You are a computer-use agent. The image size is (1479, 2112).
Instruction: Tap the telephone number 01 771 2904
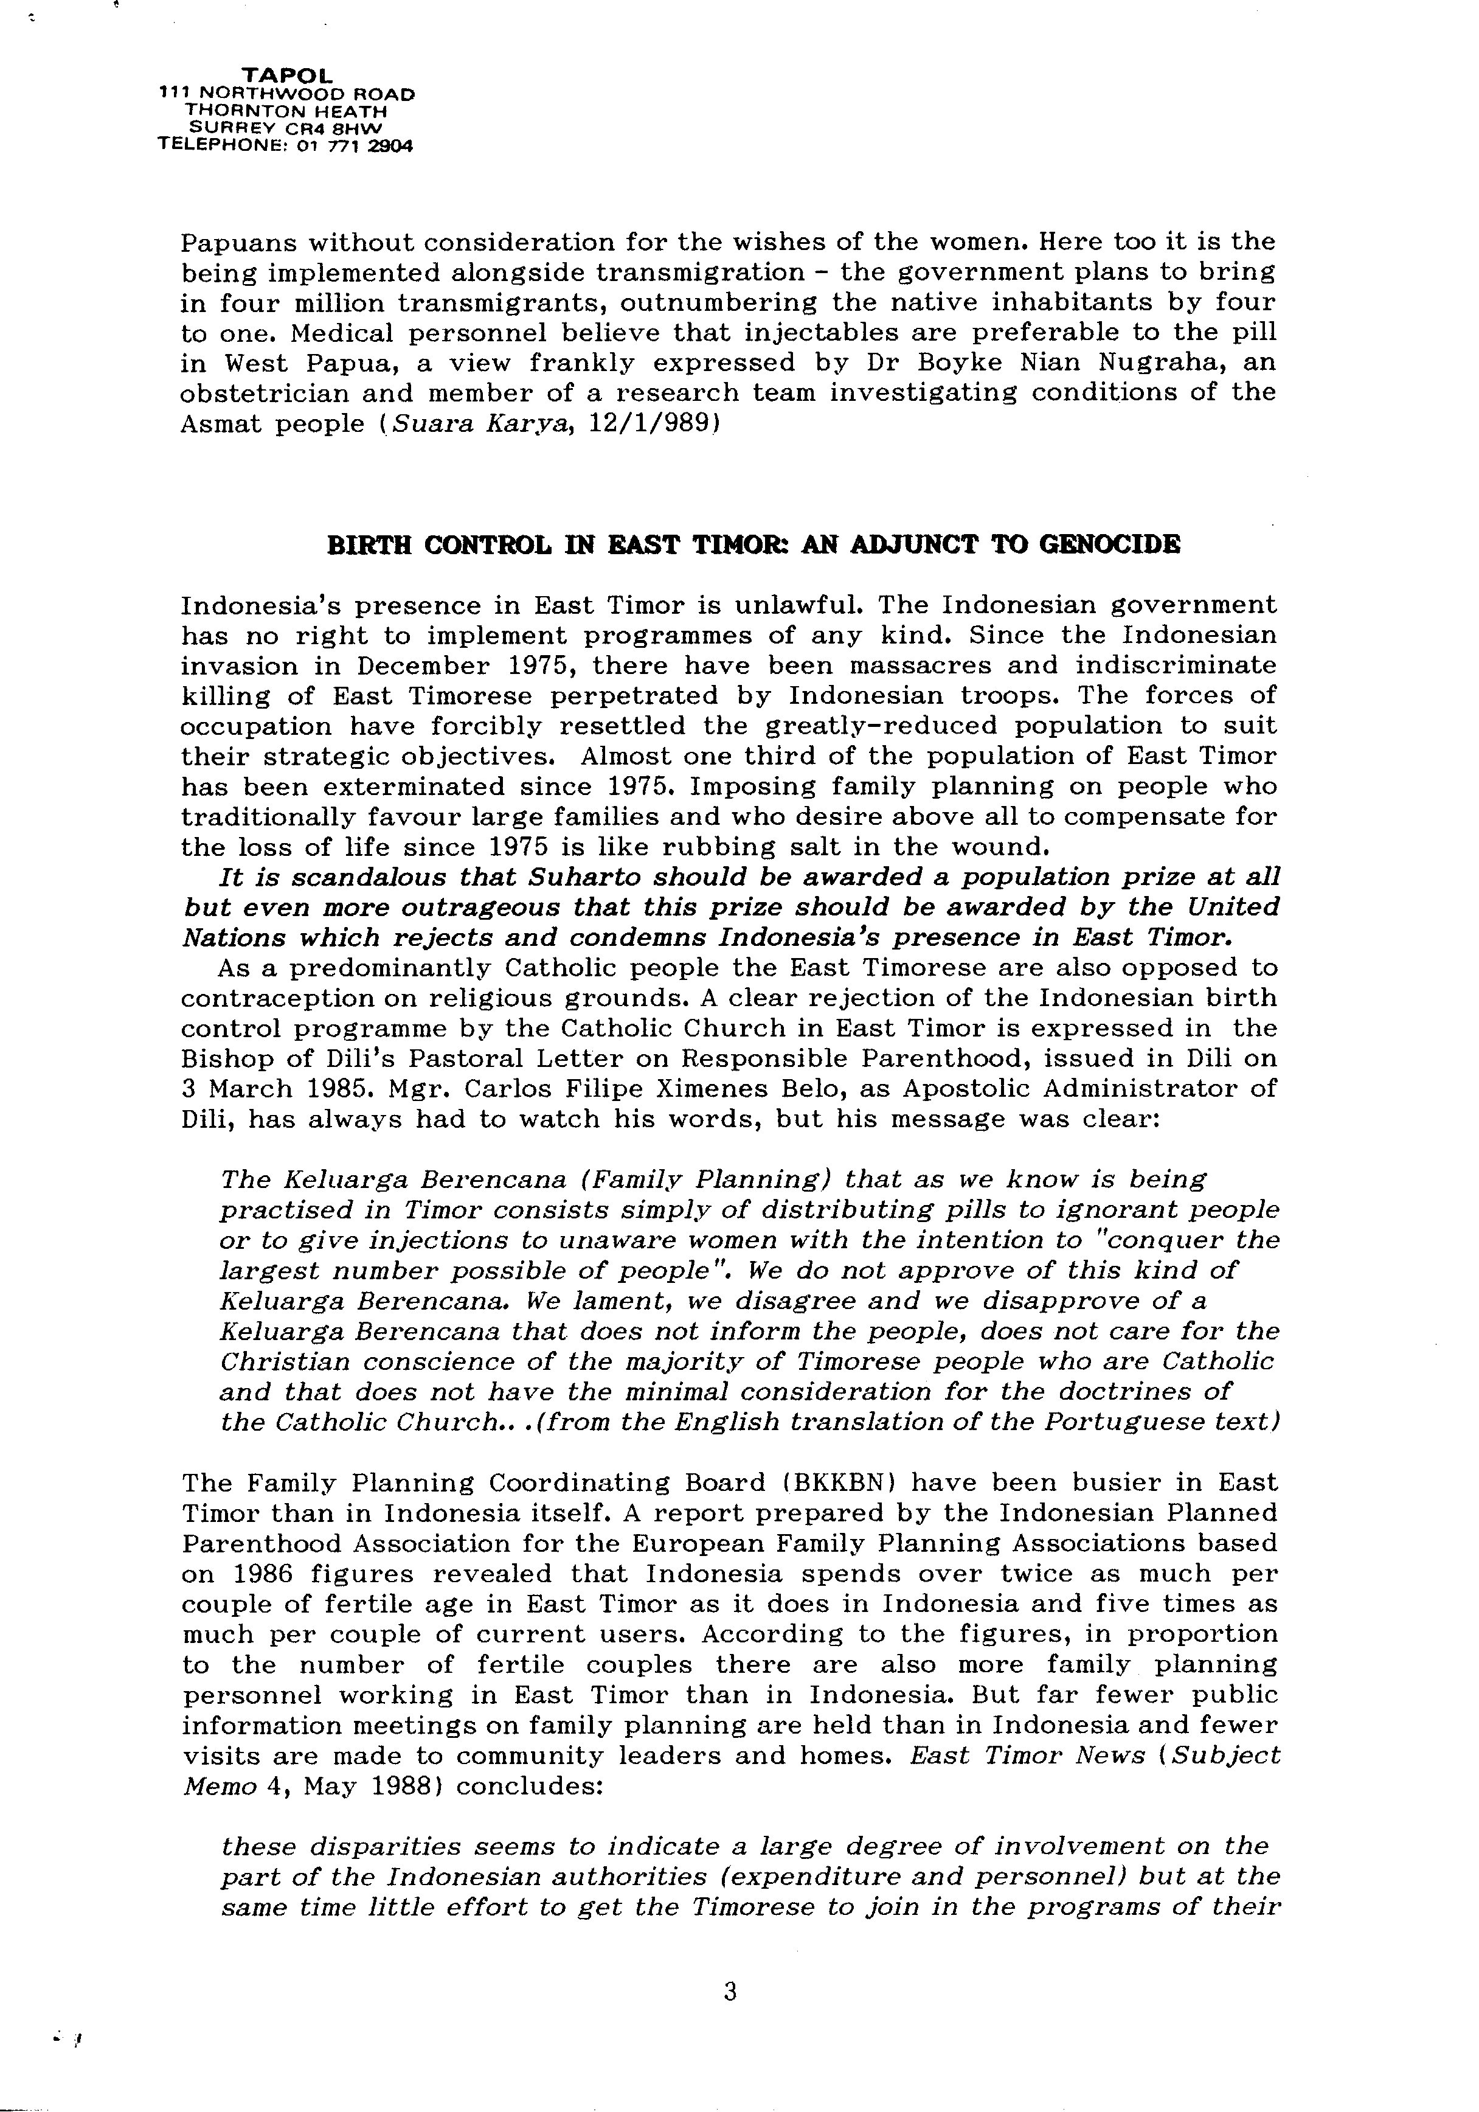(353, 145)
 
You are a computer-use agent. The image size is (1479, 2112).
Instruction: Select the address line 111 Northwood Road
(286, 93)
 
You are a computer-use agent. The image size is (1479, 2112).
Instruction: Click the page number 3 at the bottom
(730, 1992)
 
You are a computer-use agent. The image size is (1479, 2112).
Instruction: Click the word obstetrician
(263, 394)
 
